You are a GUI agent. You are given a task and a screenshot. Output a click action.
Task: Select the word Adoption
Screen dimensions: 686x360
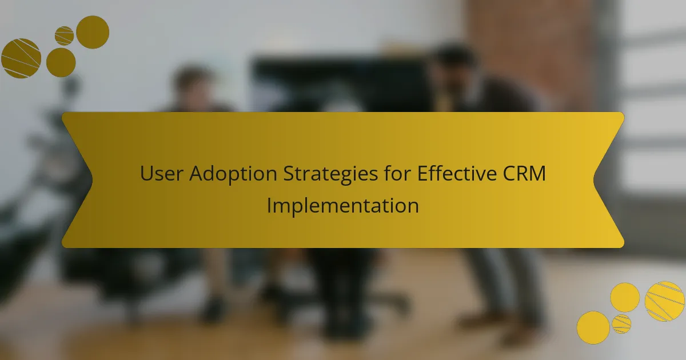click(233, 174)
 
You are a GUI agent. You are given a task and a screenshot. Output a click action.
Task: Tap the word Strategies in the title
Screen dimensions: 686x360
click(330, 174)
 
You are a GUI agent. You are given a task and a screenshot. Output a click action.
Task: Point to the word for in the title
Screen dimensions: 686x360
click(397, 173)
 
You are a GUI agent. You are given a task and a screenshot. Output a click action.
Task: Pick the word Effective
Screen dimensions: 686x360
click(457, 173)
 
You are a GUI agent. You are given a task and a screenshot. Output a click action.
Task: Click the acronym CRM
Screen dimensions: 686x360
click(524, 173)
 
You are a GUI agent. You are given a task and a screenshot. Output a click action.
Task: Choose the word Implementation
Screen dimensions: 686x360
click(342, 206)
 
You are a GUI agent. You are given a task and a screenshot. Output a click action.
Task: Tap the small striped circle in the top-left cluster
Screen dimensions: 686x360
click(64, 36)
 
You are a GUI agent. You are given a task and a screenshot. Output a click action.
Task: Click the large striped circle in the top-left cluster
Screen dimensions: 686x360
click(21, 58)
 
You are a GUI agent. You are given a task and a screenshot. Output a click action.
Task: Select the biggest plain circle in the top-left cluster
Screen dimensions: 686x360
click(93, 32)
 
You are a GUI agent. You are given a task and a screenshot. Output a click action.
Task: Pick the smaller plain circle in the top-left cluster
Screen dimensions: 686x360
click(61, 62)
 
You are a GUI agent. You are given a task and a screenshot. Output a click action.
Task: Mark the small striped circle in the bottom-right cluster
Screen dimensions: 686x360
click(621, 324)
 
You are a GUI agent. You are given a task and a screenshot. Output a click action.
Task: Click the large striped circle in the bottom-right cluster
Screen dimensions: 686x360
click(664, 302)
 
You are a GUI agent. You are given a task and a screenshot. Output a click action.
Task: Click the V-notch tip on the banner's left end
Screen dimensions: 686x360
click(93, 179)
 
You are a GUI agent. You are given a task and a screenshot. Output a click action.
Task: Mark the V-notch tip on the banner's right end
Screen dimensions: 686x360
click(593, 179)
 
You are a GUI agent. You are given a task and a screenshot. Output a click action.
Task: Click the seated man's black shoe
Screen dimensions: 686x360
click(213, 309)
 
